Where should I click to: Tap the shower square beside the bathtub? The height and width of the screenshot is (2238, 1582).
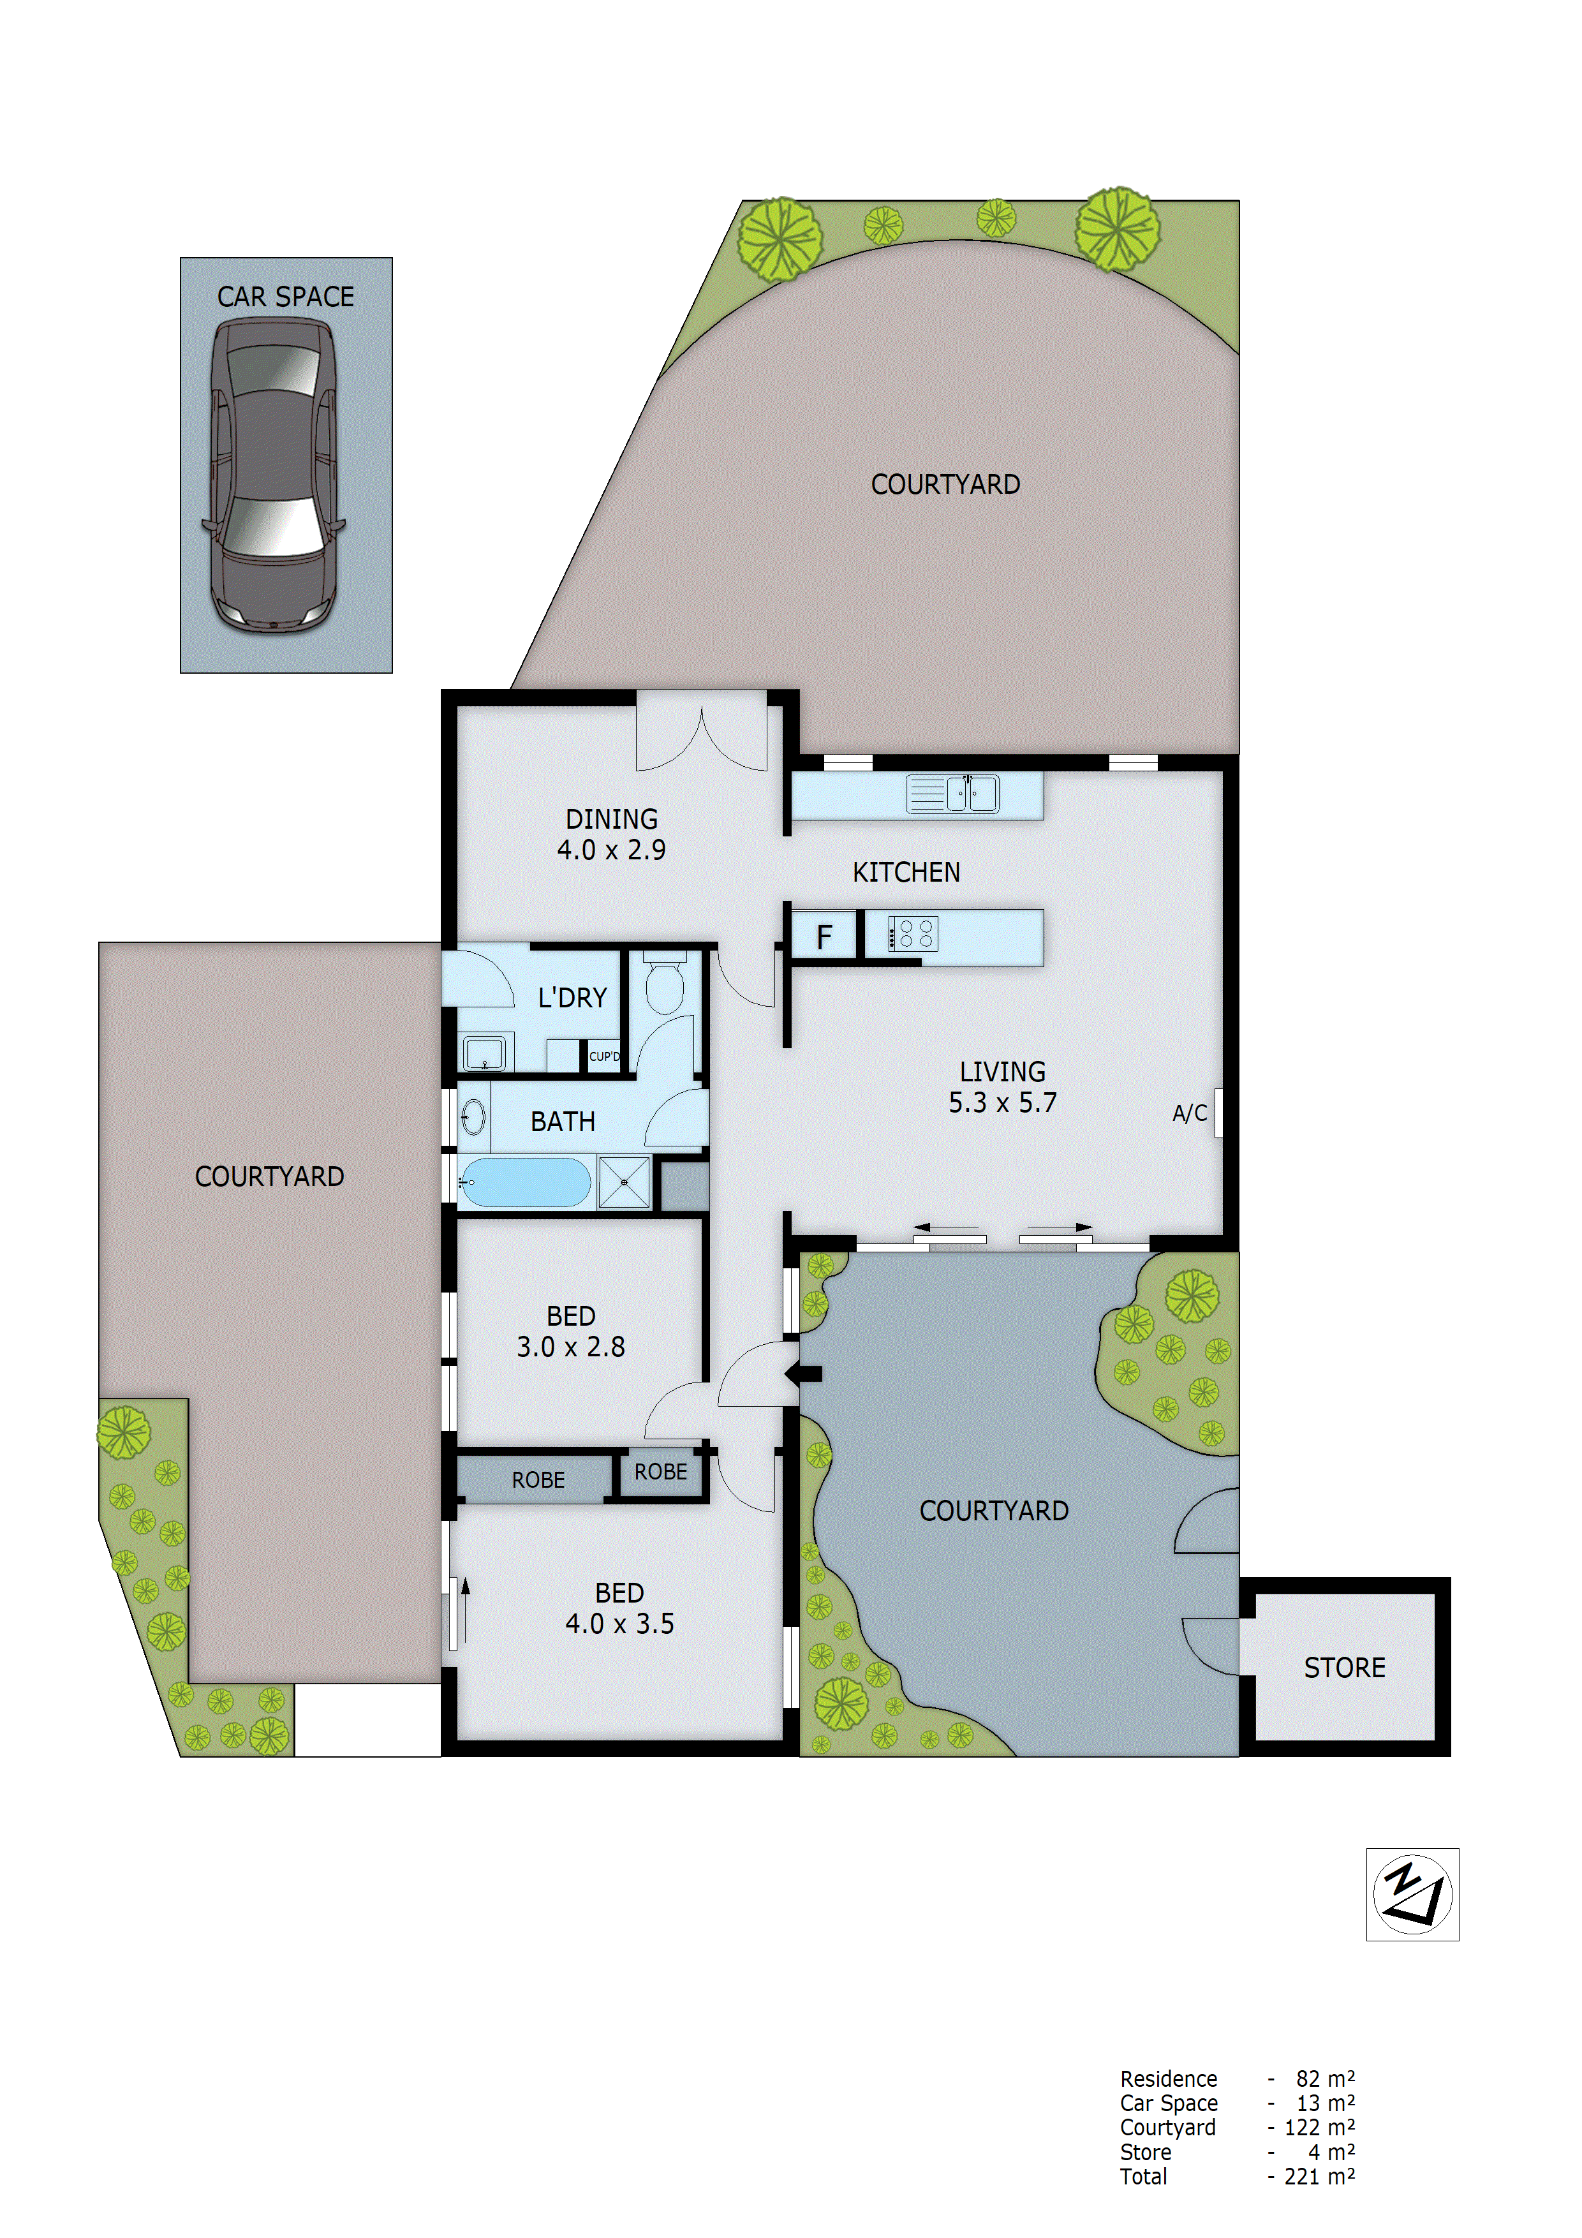[x=624, y=1182]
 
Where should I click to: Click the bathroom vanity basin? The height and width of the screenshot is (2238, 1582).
[x=474, y=1117]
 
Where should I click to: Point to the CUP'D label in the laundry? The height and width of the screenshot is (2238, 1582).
[x=603, y=1056]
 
